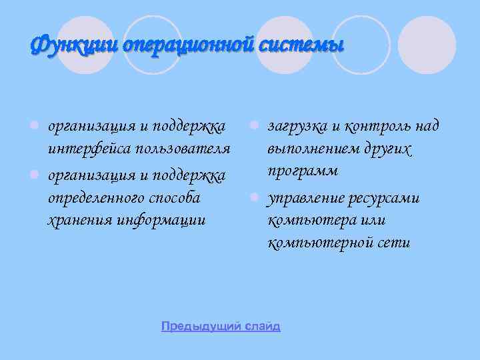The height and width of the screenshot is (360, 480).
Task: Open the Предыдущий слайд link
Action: click(221, 327)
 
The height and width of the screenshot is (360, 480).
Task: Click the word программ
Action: click(303, 171)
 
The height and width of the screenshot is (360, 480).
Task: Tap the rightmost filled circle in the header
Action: click(431, 45)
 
